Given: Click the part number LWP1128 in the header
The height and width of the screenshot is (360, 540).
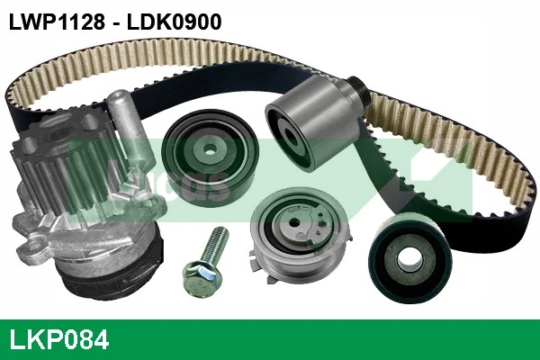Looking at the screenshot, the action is click(x=57, y=22).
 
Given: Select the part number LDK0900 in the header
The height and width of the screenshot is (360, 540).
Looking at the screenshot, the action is click(x=174, y=22).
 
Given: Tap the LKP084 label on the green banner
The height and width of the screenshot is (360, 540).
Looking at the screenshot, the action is click(x=58, y=339).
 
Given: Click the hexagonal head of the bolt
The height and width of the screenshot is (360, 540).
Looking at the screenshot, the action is click(x=200, y=276).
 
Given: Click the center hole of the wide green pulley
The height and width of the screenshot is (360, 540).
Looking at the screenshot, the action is click(x=209, y=150).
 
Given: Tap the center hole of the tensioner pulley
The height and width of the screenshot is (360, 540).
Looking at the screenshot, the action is click(x=294, y=222).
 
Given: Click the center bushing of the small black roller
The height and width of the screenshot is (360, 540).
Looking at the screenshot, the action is click(x=409, y=258).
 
